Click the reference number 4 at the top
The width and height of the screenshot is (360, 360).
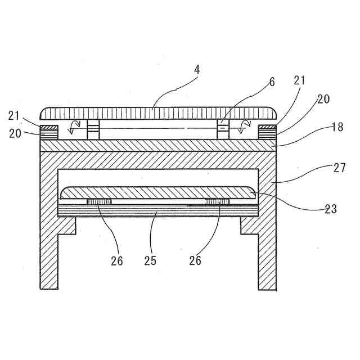pyautogui.click(x=197, y=72)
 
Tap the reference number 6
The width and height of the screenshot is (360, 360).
pyautogui.click(x=272, y=82)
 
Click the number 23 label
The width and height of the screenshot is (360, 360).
pyautogui.click(x=331, y=209)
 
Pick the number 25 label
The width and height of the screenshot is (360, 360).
pyautogui.click(x=150, y=261)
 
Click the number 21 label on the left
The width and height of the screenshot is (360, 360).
pyautogui.click(x=14, y=116)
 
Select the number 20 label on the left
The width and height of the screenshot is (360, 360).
pyautogui.click(x=14, y=134)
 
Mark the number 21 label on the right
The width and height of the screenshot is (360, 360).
pyautogui.click(x=299, y=81)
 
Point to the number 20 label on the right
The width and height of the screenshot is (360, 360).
pyautogui.click(x=323, y=99)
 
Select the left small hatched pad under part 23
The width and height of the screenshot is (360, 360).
pyautogui.click(x=99, y=201)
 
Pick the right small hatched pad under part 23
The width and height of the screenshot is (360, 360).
pyautogui.click(x=218, y=201)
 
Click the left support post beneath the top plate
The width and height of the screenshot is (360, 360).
pyautogui.click(x=93, y=129)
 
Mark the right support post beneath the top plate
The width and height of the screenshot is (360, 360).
pyautogui.click(x=223, y=129)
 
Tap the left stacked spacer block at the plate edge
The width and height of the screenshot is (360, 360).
pyautogui.click(x=48, y=132)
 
